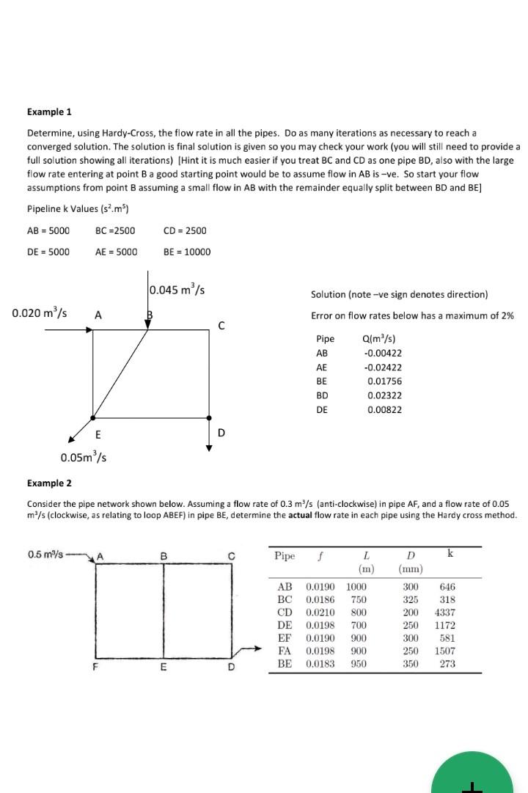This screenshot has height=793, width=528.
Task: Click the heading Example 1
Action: pos(49,112)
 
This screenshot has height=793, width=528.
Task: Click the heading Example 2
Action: pos(49,483)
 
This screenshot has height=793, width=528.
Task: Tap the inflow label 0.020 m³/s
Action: pos(40,313)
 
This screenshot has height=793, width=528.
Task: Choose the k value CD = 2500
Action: pos(185,230)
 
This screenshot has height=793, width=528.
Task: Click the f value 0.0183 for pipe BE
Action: pos(320,664)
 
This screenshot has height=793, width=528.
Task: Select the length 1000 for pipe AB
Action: pos(356,586)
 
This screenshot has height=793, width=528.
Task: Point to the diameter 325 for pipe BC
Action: pos(411,599)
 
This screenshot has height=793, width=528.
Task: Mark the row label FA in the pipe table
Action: pos(285,651)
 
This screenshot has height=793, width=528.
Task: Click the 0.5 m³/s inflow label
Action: pos(44,554)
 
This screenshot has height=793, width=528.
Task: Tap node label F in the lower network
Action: pos(95,667)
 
